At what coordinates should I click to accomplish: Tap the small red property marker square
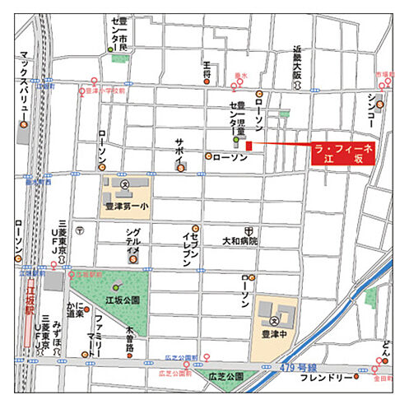point(249,146)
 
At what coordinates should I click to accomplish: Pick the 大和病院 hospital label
point(240,242)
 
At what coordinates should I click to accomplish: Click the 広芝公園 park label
point(227,376)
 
